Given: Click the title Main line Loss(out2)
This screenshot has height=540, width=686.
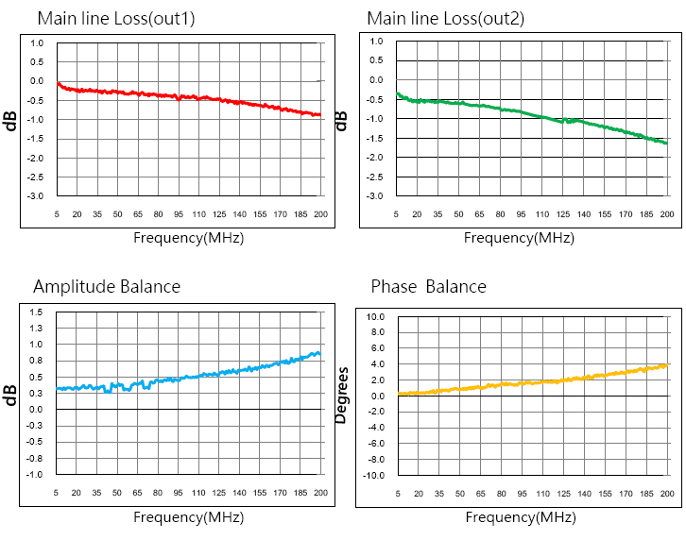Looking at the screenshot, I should (x=444, y=18).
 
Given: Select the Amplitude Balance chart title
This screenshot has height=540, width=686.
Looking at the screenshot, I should (x=107, y=286).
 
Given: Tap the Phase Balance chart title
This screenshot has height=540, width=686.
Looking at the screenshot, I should (x=428, y=286).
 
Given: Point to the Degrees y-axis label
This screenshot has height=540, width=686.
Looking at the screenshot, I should (x=342, y=396).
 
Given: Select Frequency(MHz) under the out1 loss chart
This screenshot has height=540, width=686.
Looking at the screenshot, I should (x=188, y=238).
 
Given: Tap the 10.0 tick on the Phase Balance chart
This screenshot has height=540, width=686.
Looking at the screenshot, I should (x=376, y=317).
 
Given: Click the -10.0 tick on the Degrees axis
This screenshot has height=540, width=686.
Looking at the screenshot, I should (x=374, y=475).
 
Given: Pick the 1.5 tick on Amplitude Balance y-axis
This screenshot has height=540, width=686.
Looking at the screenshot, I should (x=37, y=312).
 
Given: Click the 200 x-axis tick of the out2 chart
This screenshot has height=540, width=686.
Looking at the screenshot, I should (x=666, y=214).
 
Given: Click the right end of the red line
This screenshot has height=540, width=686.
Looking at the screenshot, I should (x=320, y=114).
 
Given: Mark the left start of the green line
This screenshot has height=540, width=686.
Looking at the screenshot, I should (x=397, y=93).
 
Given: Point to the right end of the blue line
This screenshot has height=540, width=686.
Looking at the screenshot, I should (x=319, y=354).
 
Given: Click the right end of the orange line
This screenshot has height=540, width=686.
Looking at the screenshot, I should (x=668, y=364).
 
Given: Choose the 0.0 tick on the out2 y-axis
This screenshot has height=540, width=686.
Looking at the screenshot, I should (x=376, y=80).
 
